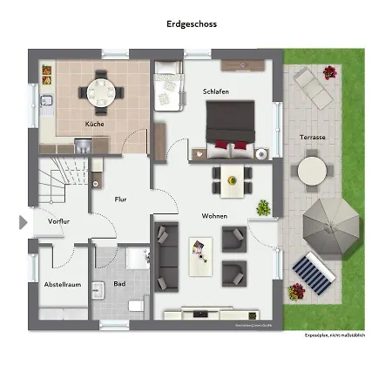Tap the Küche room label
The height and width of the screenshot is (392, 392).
(94, 125)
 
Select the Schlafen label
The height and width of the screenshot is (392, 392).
(216, 91)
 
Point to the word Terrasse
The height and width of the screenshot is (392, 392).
(312, 138)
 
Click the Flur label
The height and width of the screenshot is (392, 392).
(121, 199)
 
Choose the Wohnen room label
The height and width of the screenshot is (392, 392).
(214, 214)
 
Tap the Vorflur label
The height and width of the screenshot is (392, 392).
(59, 221)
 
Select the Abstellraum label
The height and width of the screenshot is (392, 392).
(62, 285)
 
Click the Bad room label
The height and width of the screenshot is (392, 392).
(118, 285)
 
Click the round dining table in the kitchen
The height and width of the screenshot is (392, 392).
(97, 90)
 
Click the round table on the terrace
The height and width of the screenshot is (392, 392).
(312, 171)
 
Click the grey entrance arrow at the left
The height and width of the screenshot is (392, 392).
(24, 222)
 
